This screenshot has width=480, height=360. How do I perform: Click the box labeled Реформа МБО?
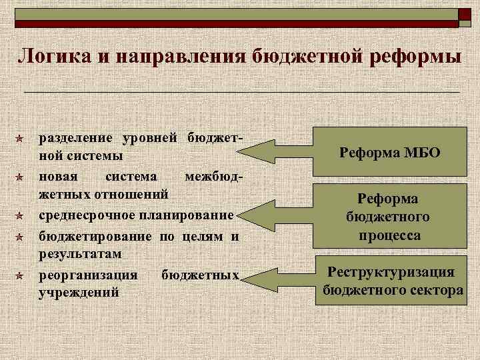click(x=389, y=153)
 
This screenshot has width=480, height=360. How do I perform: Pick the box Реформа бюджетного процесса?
click(x=388, y=217)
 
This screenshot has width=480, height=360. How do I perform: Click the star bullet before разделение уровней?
click(x=21, y=139)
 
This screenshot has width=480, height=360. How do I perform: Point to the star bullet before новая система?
click(x=21, y=177)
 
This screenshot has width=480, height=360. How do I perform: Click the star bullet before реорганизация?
click(x=21, y=275)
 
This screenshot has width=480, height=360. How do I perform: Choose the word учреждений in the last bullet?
click(x=79, y=293)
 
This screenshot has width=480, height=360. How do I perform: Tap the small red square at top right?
click(x=465, y=14)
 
